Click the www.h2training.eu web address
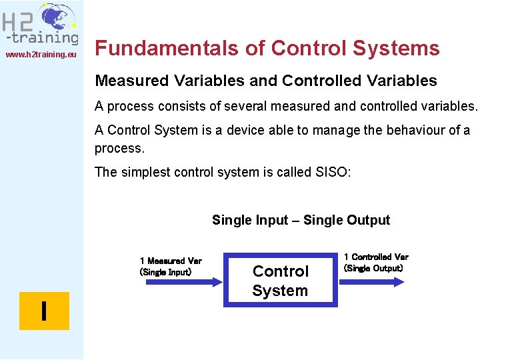41,54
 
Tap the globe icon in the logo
57,18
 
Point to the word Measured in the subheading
133,81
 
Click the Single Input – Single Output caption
301,220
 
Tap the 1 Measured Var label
171,261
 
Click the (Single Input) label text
165,272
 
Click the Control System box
280,281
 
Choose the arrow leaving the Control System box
372,281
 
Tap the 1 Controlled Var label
376,257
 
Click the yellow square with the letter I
44,311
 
